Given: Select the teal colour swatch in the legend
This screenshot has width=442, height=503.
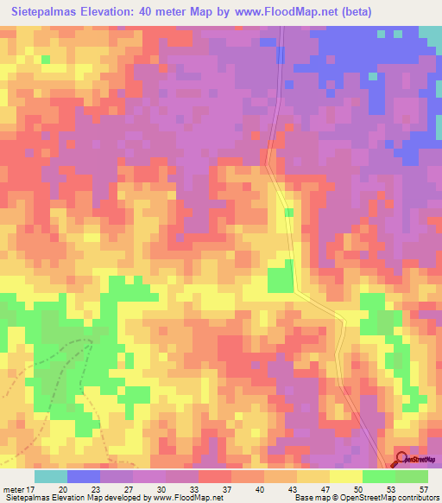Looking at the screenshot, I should [50, 476].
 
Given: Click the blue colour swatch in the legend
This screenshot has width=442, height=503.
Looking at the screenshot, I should [83, 476].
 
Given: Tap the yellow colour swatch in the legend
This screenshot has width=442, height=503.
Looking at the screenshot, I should [345, 476].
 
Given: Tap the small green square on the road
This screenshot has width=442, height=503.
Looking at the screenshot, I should [288, 212].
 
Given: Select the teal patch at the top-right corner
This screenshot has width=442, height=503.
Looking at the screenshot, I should [431, 35].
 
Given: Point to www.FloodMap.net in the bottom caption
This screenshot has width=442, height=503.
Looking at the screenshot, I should [185, 498].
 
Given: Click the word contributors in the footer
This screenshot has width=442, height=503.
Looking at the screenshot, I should [419, 498].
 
